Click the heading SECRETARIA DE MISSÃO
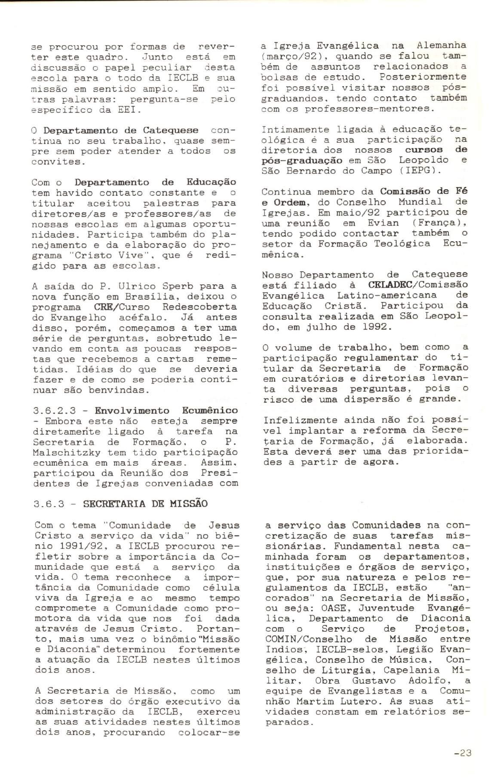pos(145,504)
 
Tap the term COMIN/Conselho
pos(304,640)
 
